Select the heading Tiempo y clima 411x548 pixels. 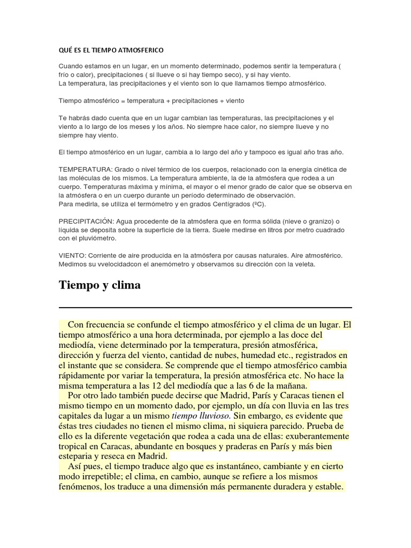pos(100,285)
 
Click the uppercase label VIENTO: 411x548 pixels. pos(73,256)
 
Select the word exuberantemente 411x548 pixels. pos(311,436)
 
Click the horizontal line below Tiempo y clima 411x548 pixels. pos(205,308)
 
